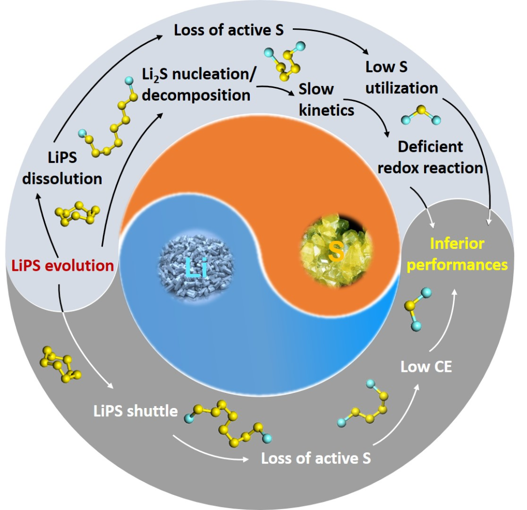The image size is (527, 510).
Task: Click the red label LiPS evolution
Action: tap(62, 266)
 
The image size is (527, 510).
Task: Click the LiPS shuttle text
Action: tap(135, 411)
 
